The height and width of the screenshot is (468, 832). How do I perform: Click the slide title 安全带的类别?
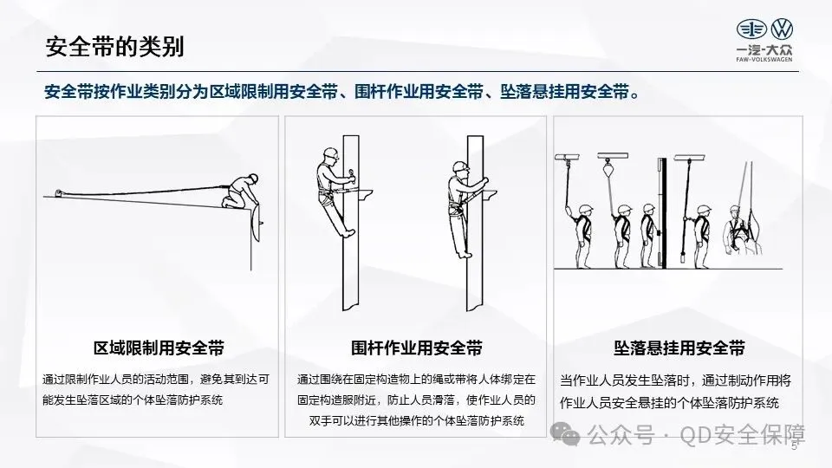tap(114, 47)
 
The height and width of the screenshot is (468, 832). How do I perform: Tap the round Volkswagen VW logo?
tap(782, 29)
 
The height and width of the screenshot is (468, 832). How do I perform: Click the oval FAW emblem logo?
tap(751, 29)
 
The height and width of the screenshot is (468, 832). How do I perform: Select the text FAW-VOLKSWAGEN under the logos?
tap(764, 60)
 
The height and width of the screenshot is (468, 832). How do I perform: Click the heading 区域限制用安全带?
tap(159, 348)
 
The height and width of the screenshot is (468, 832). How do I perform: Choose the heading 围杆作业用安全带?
tap(417, 348)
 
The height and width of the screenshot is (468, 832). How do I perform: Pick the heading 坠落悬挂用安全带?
tap(679, 348)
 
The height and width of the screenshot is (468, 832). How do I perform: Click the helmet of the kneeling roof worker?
tap(253, 178)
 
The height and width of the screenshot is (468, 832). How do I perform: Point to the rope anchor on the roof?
tap(60, 192)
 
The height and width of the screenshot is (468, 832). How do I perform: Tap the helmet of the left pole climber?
tap(330, 153)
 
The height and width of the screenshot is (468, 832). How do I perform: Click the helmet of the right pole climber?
tap(460, 166)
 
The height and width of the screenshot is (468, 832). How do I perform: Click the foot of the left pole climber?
tap(348, 232)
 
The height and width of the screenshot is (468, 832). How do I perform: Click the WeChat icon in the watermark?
tap(566, 434)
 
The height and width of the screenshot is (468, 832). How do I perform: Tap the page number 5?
tap(794, 445)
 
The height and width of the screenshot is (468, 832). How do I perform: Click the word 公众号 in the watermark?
tap(621, 435)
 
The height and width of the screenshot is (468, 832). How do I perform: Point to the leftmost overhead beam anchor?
tap(567, 158)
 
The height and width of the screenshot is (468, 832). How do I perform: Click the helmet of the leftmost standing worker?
tap(585, 209)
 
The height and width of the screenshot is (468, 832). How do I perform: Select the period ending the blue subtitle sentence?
tap(635, 95)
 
